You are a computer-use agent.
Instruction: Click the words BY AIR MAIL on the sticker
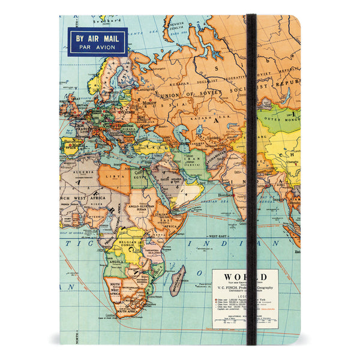coord(97,38)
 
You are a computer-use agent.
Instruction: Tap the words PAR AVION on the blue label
coord(97,49)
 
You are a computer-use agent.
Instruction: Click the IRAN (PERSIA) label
coord(193,163)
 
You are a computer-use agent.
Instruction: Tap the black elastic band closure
coord(251,180)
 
